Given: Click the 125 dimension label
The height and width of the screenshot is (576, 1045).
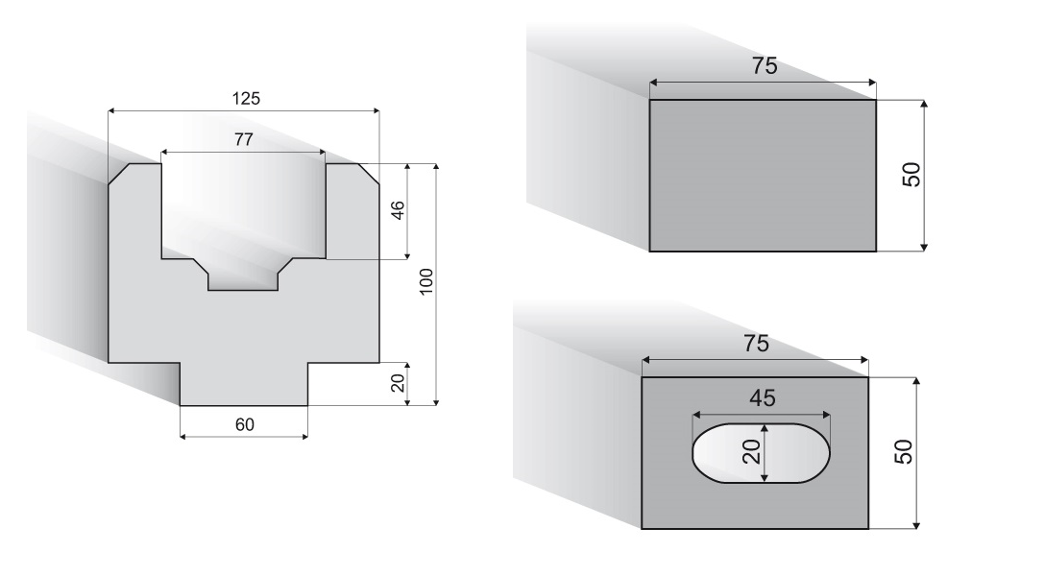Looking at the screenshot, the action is click(246, 99).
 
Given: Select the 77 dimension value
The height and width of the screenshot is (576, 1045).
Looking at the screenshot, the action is click(244, 140).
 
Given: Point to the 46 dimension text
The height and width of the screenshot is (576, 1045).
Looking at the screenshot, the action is click(398, 210).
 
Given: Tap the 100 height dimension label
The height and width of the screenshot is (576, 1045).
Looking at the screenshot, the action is click(426, 281).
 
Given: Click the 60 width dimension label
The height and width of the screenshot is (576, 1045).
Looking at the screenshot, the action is click(245, 425).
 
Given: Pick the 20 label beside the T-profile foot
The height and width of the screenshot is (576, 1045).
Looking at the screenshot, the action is click(398, 383).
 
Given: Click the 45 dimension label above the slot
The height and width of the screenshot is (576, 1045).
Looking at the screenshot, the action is click(763, 398).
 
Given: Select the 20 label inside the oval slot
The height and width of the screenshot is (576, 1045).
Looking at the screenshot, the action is click(752, 452).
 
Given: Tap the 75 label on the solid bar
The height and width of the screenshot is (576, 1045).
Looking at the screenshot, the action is click(765, 66).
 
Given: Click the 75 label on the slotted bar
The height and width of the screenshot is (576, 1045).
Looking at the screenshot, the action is click(756, 344).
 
